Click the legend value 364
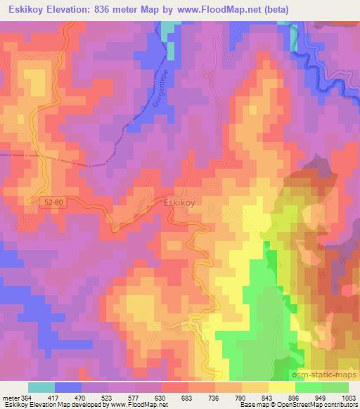pos(24,398)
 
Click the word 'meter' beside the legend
pos(8,398)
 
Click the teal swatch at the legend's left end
pos(41,387)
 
